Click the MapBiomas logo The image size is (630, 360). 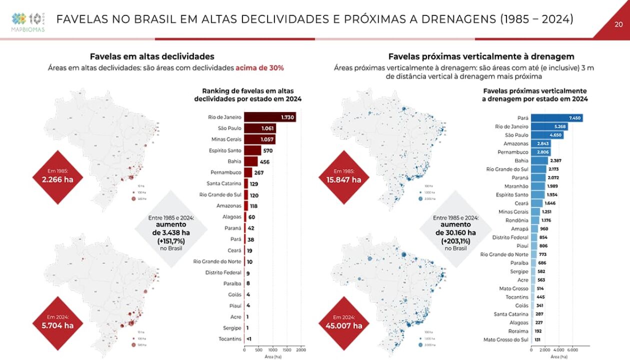pyautogui.click(x=28, y=22)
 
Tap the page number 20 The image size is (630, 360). pyautogui.click(x=618, y=24)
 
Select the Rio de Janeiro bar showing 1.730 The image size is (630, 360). pyautogui.click(x=269, y=117)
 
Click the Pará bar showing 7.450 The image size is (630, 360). pyautogui.click(x=556, y=118)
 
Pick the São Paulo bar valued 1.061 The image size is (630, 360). pyautogui.click(x=260, y=128)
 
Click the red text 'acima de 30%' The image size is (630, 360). pyautogui.click(x=263, y=67)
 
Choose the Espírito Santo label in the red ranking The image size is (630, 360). pyautogui.click(x=225, y=150)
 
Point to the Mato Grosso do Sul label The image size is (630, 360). pyautogui.click(x=506, y=340)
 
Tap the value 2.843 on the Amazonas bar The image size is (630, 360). pyautogui.click(x=540, y=143)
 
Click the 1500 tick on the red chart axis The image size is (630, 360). pyautogui.click(x=287, y=350)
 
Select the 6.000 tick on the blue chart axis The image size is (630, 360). pyautogui.click(x=573, y=350)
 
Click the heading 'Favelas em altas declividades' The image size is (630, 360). pyautogui.click(x=152, y=56)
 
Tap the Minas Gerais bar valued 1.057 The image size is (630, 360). pyautogui.click(x=260, y=139)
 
